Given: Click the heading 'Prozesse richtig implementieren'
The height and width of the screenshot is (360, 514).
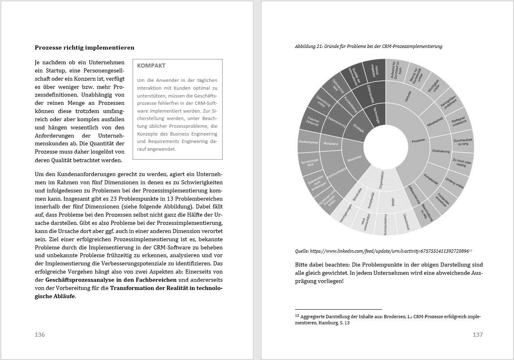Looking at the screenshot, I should (84, 48).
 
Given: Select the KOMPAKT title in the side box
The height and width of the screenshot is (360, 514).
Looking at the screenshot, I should (151, 66).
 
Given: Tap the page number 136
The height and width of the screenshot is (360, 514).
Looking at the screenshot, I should (40, 335).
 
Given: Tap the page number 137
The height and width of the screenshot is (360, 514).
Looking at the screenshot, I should (478, 335).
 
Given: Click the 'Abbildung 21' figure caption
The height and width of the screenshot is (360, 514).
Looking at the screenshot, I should (368, 46).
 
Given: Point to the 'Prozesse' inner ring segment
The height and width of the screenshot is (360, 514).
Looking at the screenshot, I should (418, 140).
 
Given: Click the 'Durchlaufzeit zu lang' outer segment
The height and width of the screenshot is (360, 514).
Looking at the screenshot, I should (463, 141).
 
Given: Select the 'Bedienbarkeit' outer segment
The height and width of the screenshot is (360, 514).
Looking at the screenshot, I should (309, 142).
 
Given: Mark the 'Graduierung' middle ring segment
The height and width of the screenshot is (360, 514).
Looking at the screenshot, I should (440, 152).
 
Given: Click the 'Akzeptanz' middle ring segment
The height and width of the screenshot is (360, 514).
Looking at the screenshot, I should (330, 144).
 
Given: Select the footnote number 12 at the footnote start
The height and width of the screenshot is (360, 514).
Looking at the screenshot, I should (297, 315).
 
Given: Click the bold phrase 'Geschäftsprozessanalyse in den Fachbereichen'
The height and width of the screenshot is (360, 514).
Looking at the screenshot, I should (111, 280).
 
